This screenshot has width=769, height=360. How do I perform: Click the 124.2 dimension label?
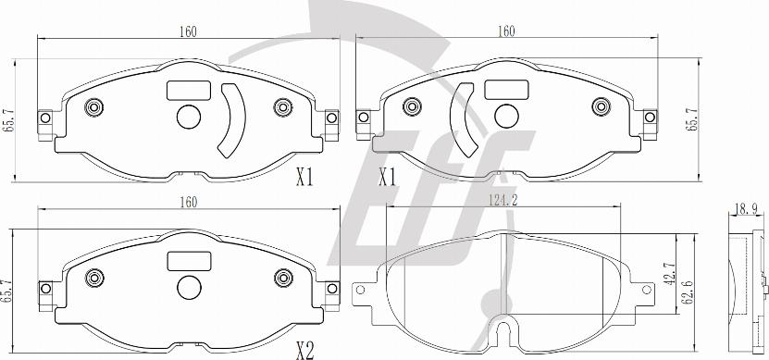pyautogui.click(x=502, y=200)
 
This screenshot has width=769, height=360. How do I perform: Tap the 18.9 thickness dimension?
pyautogui.click(x=746, y=208)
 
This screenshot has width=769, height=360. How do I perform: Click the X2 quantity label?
pyautogui.click(x=304, y=351)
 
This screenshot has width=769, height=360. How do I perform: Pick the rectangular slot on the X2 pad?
pyautogui.click(x=189, y=261)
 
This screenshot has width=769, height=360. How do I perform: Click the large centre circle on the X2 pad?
pyautogui.click(x=190, y=288)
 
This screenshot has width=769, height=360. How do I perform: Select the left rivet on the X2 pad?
pyautogui.click(x=94, y=278)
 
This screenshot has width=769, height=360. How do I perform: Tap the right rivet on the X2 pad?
pyautogui.click(x=283, y=278)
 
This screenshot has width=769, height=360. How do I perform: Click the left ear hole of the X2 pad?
pyautogui.click(x=45, y=289)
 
